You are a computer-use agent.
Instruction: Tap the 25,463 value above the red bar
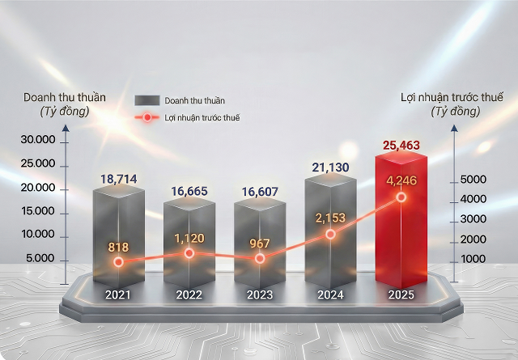pos(402,146)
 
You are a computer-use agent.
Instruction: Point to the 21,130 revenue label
pos(331,167)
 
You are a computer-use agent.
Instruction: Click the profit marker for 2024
pos(330,234)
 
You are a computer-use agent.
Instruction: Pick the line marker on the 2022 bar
pos(189,253)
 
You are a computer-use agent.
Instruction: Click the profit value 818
pos(118,247)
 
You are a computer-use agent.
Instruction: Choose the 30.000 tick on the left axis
pos(38,140)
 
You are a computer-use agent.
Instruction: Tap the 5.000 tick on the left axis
pos(40,258)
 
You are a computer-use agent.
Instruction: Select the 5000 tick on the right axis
pos(472,179)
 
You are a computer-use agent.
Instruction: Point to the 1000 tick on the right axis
pos(472,258)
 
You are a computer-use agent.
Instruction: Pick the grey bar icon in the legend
pos(147,100)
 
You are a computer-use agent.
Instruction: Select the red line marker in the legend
pos(147,117)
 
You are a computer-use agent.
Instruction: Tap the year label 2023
pos(260,294)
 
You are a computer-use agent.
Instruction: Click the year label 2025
pos(401,294)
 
